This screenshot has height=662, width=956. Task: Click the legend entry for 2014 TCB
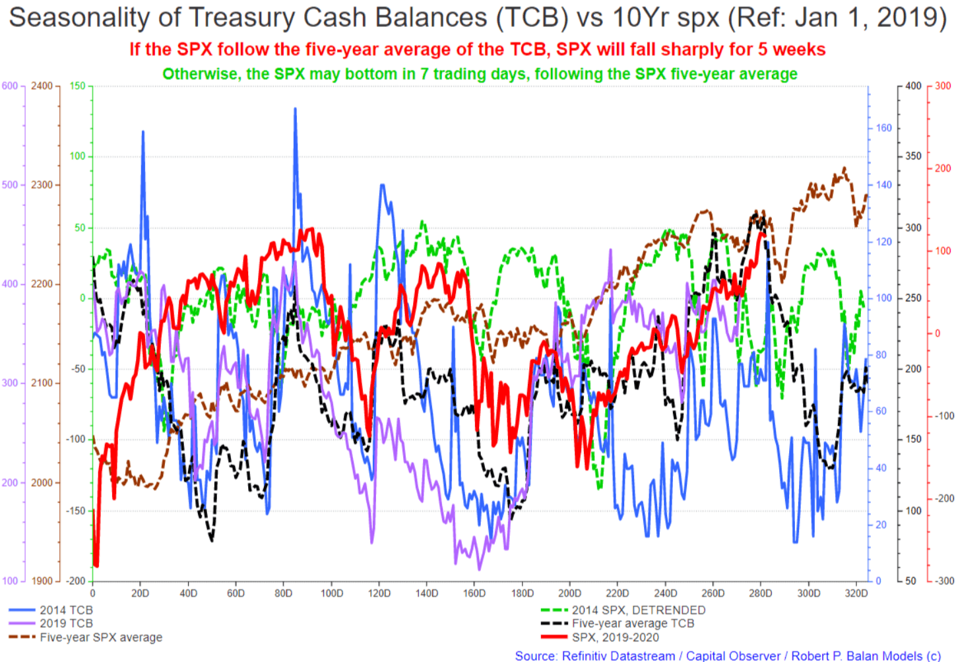click(x=51, y=610)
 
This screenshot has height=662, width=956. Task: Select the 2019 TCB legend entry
click(x=51, y=623)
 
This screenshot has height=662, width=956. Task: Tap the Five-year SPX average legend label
click(x=85, y=637)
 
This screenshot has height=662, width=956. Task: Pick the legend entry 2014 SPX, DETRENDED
click(x=623, y=610)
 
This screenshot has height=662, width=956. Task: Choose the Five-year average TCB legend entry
click(x=618, y=623)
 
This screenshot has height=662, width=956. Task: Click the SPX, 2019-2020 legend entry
click(x=600, y=637)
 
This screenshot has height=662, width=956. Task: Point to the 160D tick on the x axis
click(x=474, y=593)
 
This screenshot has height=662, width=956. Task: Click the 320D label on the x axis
click(x=856, y=593)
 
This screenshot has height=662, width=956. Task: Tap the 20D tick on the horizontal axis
click(x=140, y=593)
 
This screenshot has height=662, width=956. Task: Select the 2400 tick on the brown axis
click(x=42, y=86)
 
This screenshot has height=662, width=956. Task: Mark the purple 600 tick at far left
click(x=10, y=86)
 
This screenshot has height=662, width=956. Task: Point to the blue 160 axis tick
click(x=884, y=128)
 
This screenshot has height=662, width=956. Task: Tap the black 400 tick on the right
click(x=913, y=86)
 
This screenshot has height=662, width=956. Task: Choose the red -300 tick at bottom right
click(x=943, y=581)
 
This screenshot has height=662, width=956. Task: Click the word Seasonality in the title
click(x=79, y=18)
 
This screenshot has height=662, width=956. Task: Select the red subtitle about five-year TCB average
click(x=478, y=50)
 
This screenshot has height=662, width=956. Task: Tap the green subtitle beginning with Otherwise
click(x=480, y=74)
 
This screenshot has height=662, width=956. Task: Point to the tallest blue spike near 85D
click(x=295, y=109)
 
